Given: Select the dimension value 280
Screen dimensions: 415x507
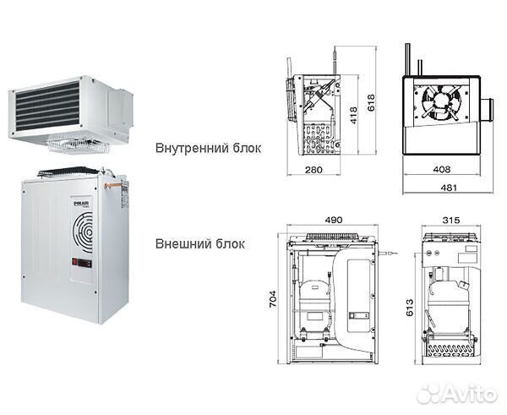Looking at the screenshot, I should coord(313,171).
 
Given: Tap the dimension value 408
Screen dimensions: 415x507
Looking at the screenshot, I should coord(442,170).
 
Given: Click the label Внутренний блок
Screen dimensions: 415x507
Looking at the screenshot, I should coord(208,148).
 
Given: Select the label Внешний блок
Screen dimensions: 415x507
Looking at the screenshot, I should coord(199,244).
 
